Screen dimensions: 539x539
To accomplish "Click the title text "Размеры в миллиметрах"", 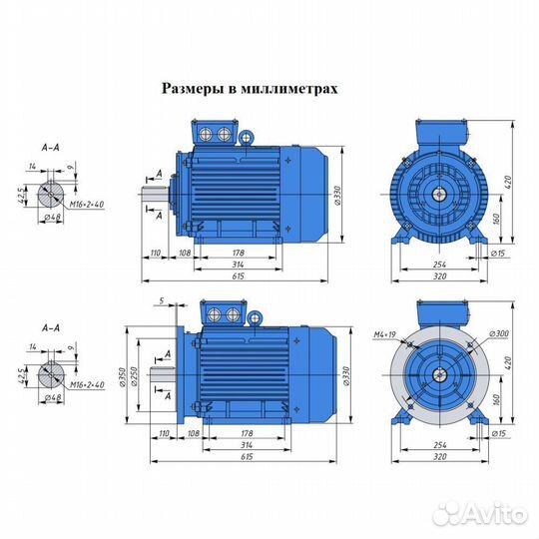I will pos(250,88).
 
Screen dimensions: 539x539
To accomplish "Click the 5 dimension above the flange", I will pos(160,300).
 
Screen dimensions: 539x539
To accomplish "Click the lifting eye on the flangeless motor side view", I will pos(254,134).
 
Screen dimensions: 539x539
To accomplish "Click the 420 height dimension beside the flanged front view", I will pos(508,364).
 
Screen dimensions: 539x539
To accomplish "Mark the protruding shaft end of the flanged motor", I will pos(163,374).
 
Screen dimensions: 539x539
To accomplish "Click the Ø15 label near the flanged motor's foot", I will pos(494,435).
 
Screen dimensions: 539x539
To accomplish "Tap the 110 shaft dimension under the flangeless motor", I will pos(157,255).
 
